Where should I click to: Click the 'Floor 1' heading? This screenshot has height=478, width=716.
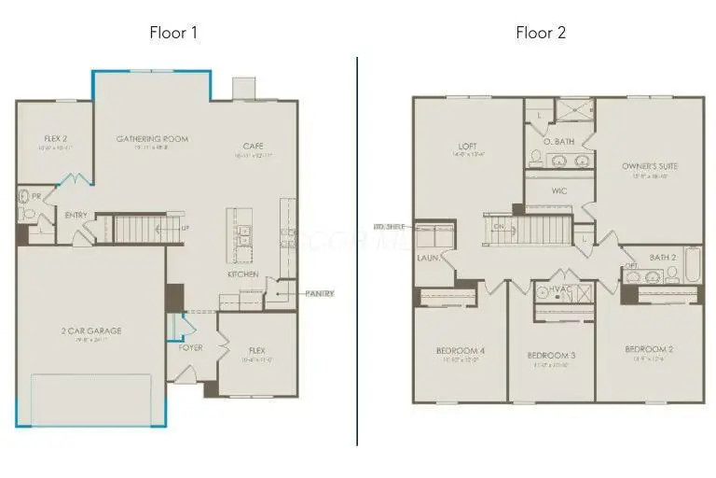coord(173,33)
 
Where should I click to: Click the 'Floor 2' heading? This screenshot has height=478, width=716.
coord(541,33)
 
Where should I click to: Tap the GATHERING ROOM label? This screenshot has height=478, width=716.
coord(152,139)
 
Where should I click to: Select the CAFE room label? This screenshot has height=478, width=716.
coord(253,146)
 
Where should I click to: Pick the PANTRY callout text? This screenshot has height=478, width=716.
coord(320,293)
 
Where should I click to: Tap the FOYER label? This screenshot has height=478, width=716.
coord(190,347)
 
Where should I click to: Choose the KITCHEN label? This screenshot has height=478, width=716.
coord(242,274)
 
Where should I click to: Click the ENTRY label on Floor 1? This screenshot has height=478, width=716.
coord(76,216)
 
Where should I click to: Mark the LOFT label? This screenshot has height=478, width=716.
coord(467,146)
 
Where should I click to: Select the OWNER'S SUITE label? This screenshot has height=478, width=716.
coord(650,166)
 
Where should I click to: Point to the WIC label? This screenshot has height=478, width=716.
coord(559,190)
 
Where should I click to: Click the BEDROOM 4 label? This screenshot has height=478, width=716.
coord(459,351)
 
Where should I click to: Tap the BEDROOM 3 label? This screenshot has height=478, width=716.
coord(550,356)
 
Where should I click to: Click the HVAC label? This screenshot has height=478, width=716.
coord(559,290)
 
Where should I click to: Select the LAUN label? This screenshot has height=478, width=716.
coord(428,257)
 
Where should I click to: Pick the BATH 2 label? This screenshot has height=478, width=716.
coord(663,258)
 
